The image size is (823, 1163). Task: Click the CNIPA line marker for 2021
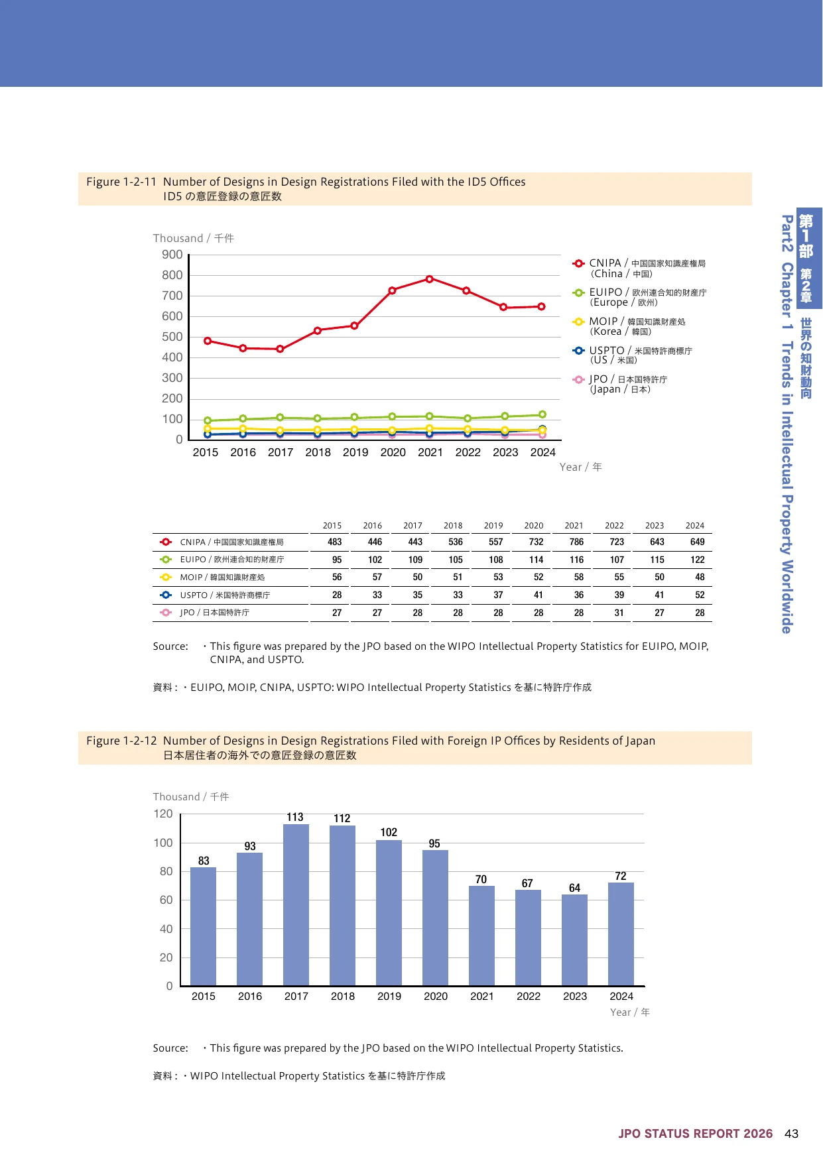click(x=430, y=279)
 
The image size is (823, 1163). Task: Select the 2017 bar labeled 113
click(x=296, y=904)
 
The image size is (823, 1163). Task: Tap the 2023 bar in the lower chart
click(x=574, y=940)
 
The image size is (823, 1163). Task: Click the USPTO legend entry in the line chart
click(x=633, y=355)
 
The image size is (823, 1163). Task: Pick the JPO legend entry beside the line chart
click(x=620, y=384)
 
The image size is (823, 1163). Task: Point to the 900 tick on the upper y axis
click(x=172, y=255)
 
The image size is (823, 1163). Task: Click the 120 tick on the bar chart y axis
click(x=163, y=814)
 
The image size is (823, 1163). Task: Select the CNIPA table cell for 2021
click(x=576, y=542)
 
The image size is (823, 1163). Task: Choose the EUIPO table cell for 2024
click(x=698, y=560)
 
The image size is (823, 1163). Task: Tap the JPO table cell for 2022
click(x=619, y=613)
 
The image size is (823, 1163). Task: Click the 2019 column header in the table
click(x=493, y=525)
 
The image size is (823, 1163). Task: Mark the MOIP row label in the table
click(x=222, y=578)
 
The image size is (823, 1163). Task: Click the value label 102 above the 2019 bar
click(x=389, y=832)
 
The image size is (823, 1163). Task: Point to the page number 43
click(x=791, y=1133)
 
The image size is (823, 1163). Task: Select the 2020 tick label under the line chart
click(x=393, y=452)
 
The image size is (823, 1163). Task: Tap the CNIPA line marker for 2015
click(x=208, y=341)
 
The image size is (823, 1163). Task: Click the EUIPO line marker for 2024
click(x=542, y=414)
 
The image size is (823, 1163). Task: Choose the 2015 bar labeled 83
click(x=203, y=926)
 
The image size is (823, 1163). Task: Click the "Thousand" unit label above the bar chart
click(x=176, y=796)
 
